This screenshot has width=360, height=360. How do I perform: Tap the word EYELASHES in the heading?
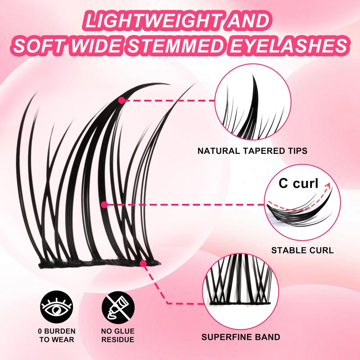coord(288,45)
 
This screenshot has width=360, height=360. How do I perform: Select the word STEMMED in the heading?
coord(175,45)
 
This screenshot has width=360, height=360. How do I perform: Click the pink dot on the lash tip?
coord(121,100)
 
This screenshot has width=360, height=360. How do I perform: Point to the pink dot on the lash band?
coord(143,264)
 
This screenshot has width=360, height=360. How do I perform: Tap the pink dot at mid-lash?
coord(104,205)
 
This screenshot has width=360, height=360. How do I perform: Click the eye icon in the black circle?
coord(57,307)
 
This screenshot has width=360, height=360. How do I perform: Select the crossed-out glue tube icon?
coord(118,307)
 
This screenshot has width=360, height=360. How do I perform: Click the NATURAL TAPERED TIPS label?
coord(252,151)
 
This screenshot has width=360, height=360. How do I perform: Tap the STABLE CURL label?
coord(302,250)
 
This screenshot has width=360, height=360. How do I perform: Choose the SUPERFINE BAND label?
coord(241,337)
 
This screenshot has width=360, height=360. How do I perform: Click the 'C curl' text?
coord(298,184)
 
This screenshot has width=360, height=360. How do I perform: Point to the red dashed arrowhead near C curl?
coord(328,185)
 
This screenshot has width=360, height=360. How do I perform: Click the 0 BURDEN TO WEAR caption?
coord(57,335)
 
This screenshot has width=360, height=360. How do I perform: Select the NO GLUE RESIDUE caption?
coord(118,335)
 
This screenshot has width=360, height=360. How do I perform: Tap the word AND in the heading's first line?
coord(247,21)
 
